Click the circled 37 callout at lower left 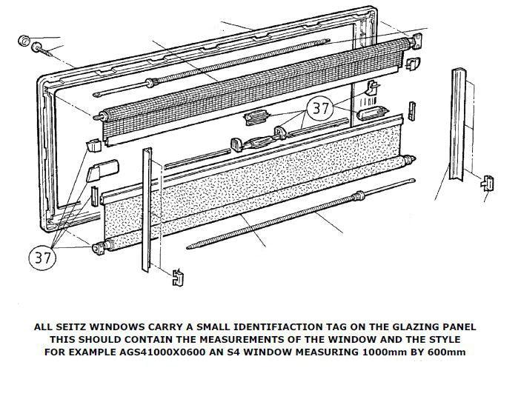pos(43,257)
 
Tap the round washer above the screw pos(22,39)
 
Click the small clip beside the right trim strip pos(488,182)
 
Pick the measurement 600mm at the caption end pos(449,352)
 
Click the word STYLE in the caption pos(444,339)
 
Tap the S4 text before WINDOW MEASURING pos(245,352)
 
